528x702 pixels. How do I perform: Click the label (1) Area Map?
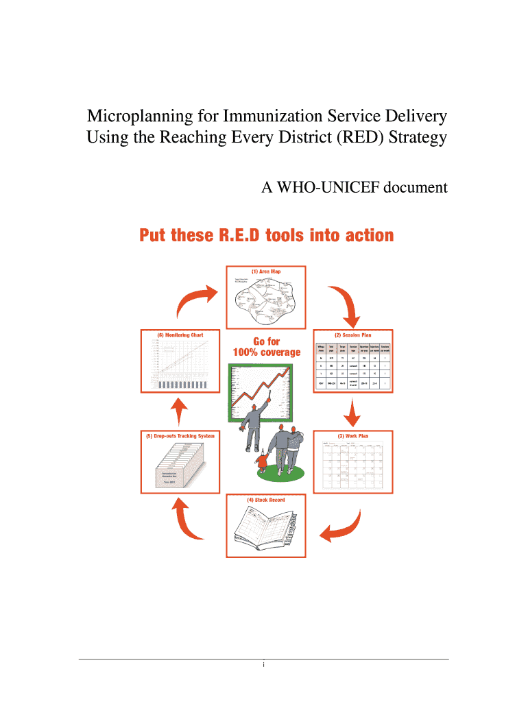pyautogui.click(x=265, y=271)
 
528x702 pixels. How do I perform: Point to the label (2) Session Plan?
pyautogui.click(x=352, y=335)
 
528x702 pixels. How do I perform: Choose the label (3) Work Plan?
pyautogui.click(x=352, y=436)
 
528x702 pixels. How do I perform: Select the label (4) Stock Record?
pyautogui.click(x=265, y=500)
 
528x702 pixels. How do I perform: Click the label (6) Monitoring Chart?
pyautogui.click(x=180, y=335)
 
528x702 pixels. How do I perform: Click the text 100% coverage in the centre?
pyautogui.click(x=267, y=352)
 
